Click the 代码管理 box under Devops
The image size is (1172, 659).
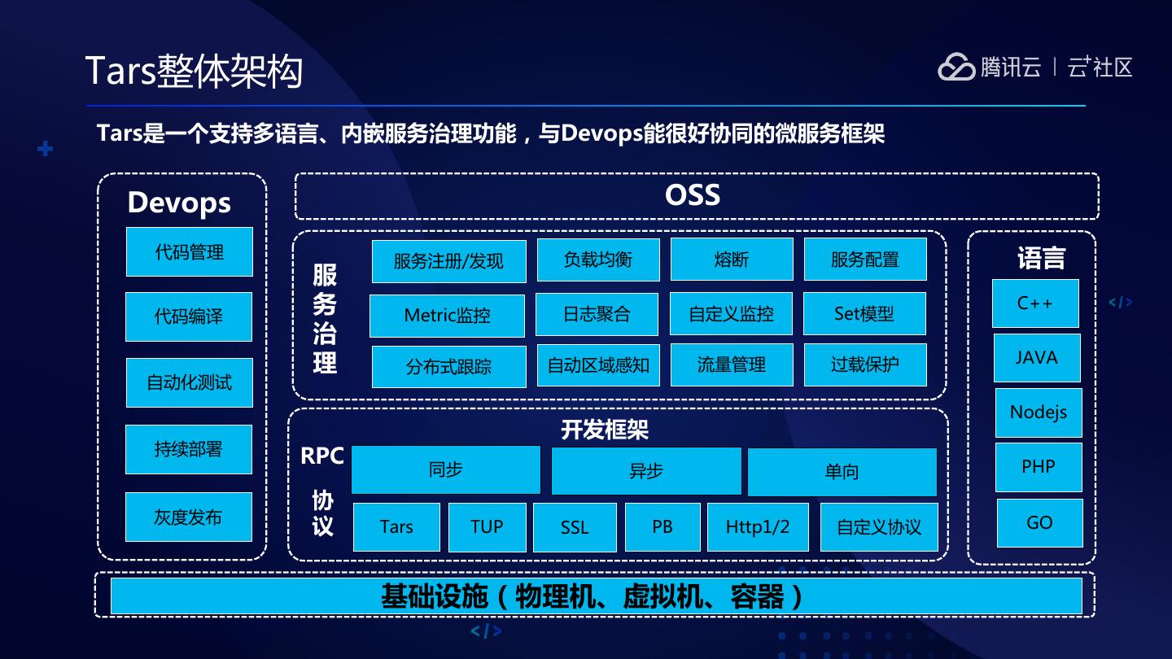pyautogui.click(x=189, y=252)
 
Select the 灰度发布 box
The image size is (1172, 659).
pyautogui.click(x=188, y=517)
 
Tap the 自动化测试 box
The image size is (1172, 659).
pyautogui.click(x=189, y=382)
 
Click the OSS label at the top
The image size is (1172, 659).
pyautogui.click(x=693, y=195)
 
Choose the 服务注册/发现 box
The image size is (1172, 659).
pyautogui.click(x=448, y=261)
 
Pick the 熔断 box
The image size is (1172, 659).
pyautogui.click(x=731, y=260)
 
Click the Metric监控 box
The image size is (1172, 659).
pyautogui.click(x=447, y=315)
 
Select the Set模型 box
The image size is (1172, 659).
pyautogui.click(x=864, y=313)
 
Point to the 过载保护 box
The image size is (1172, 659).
pyautogui.click(x=864, y=364)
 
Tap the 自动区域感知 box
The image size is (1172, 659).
pyautogui.click(x=597, y=365)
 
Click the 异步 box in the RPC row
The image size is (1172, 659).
pyautogui.click(x=646, y=471)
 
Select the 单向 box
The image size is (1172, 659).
pyautogui.click(x=842, y=472)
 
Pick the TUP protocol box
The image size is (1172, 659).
pyautogui.click(x=487, y=527)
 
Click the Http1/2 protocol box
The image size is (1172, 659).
pyautogui.click(x=757, y=527)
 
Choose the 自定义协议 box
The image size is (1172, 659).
pyautogui.click(x=879, y=527)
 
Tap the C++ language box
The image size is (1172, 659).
pyautogui.click(x=1035, y=303)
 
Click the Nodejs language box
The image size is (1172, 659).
pyautogui.click(x=1038, y=412)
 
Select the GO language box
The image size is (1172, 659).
pyautogui.click(x=1039, y=522)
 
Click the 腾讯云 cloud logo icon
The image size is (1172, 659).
pyautogui.click(x=956, y=67)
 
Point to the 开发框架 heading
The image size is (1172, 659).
pyautogui.click(x=605, y=430)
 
